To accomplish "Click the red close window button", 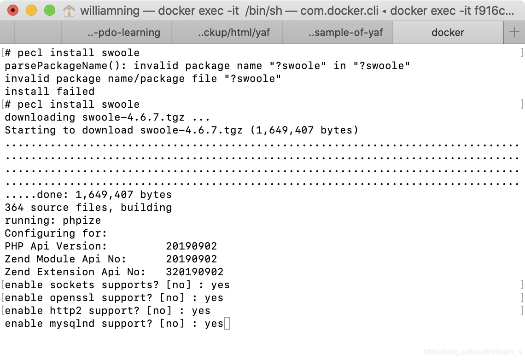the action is coord(13,10).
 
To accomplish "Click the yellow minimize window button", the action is coord(31,10).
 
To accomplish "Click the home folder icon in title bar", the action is coord(69,10).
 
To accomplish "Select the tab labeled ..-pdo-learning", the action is coord(123,32).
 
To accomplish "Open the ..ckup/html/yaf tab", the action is coord(234,32).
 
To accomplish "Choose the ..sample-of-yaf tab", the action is coord(345,32).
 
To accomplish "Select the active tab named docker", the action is coord(448,32).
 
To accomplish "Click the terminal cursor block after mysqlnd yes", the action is coord(227,324).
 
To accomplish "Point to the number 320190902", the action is coord(194,272).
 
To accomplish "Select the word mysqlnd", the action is coord(72,324).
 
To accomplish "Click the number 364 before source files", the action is coord(14,208).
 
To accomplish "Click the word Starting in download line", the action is coord(30,130).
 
